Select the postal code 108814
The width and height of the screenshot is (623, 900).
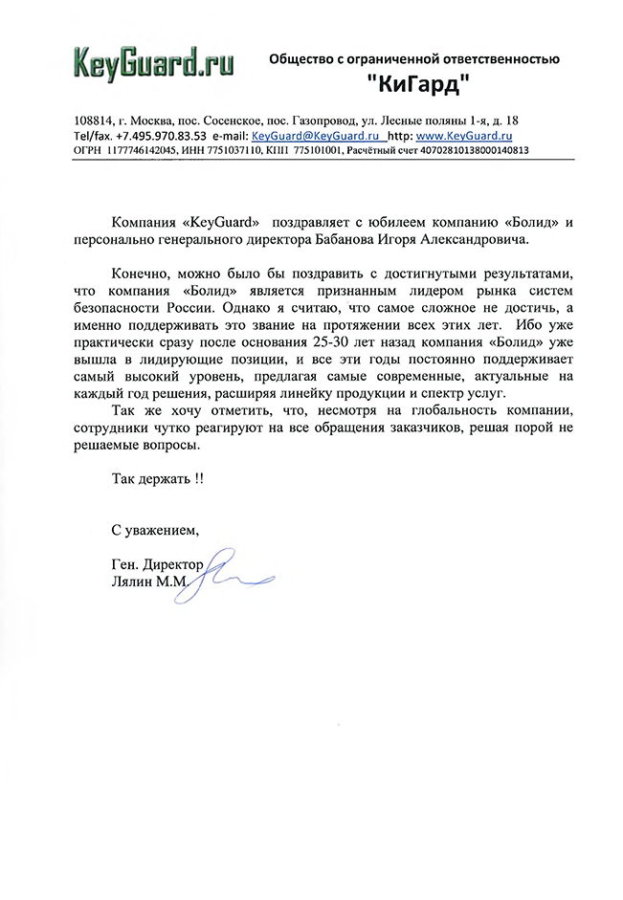click(x=93, y=121)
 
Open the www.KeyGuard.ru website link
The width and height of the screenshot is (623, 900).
click(x=459, y=136)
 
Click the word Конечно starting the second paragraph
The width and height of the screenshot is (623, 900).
click(x=142, y=274)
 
